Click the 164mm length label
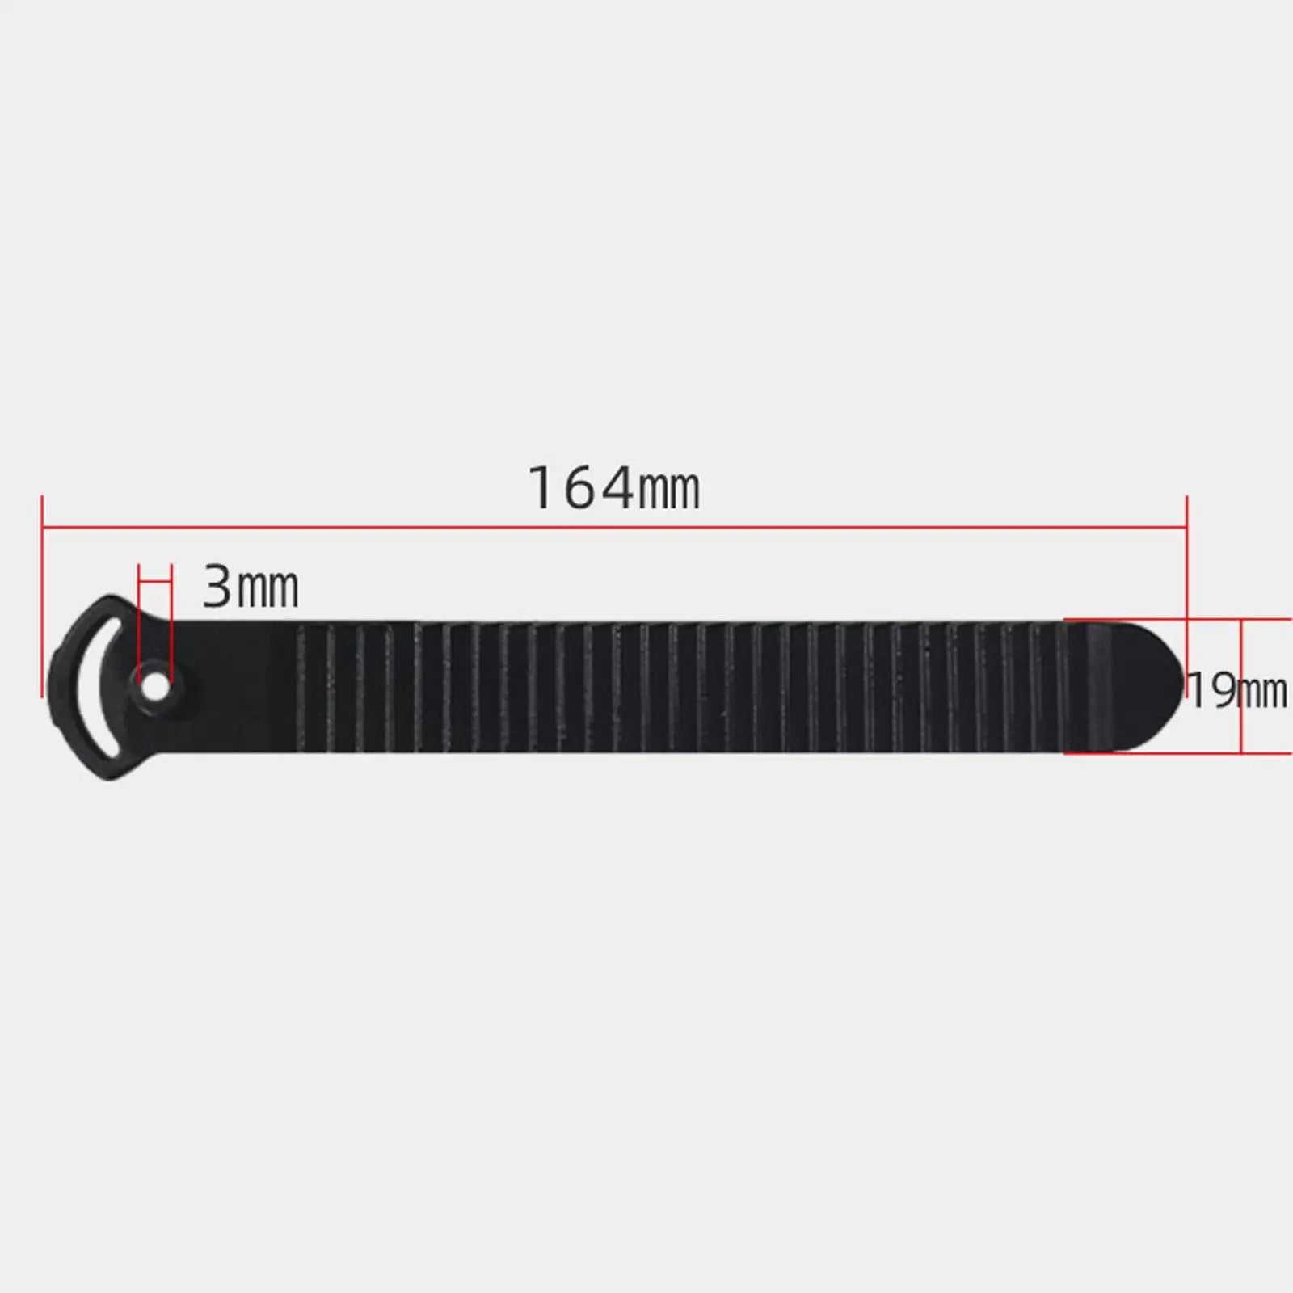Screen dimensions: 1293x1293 [x=614, y=489]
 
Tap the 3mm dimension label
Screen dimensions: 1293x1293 [x=250, y=588]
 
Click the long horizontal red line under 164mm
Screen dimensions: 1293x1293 [x=614, y=528]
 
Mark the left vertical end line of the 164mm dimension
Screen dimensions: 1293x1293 [x=42, y=598]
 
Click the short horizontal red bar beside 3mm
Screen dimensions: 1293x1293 [x=155, y=579]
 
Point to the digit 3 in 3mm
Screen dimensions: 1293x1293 [x=217, y=588]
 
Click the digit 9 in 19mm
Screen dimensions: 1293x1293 [x=1221, y=692]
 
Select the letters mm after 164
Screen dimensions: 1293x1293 [x=669, y=491]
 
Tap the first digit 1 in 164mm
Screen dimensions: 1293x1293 [x=541, y=489]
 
